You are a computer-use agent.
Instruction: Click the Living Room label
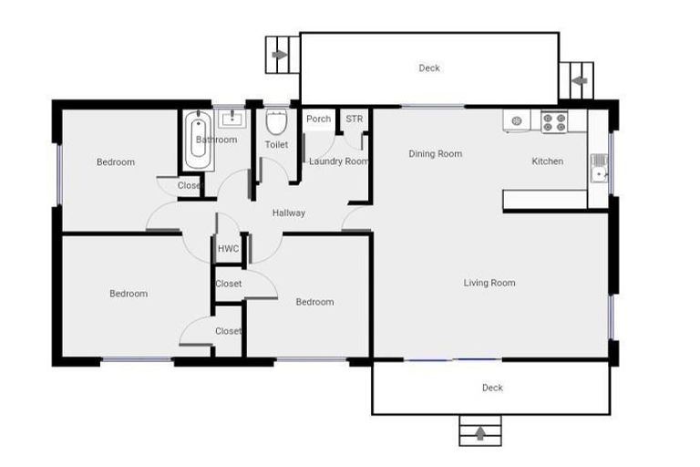tap(489, 283)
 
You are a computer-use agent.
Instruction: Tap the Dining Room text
tap(435, 154)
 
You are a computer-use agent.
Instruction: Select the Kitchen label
tap(548, 161)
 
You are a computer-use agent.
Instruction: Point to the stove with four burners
tap(553, 121)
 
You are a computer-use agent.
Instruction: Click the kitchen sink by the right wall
tap(599, 168)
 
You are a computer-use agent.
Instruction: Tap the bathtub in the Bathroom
tap(197, 140)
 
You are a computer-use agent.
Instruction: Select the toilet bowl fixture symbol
tap(276, 123)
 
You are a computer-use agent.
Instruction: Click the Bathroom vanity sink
tap(232, 118)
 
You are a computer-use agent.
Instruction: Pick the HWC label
tap(228, 249)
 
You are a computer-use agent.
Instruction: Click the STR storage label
tap(354, 119)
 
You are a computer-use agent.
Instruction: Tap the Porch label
tap(319, 119)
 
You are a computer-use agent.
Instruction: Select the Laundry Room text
tap(338, 161)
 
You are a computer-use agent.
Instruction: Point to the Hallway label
tap(289, 213)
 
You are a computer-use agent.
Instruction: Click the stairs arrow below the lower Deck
tap(480, 431)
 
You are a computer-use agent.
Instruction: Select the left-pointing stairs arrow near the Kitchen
tap(576, 80)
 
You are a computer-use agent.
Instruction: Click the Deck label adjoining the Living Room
tap(492, 388)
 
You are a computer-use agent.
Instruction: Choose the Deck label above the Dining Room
tap(429, 68)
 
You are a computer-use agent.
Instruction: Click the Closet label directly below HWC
tap(229, 284)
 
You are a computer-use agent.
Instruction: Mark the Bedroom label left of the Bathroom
tap(116, 162)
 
